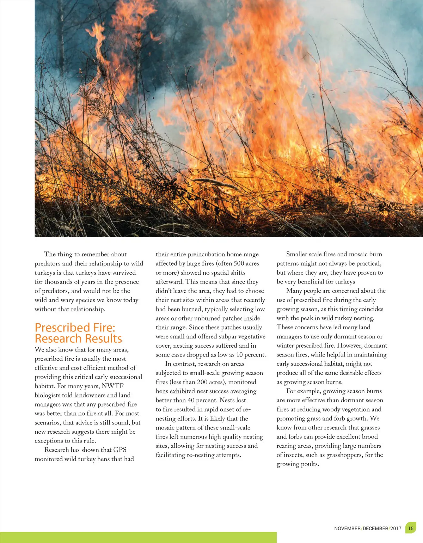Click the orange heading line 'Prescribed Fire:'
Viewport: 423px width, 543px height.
[75, 328]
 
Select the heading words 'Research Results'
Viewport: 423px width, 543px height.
[78, 339]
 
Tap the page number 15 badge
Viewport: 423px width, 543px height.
[411, 528]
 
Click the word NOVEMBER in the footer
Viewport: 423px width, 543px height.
[347, 529]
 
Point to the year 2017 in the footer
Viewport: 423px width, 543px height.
[396, 529]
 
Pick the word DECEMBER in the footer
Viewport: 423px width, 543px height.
[375, 529]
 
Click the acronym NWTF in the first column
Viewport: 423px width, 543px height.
[112, 386]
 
